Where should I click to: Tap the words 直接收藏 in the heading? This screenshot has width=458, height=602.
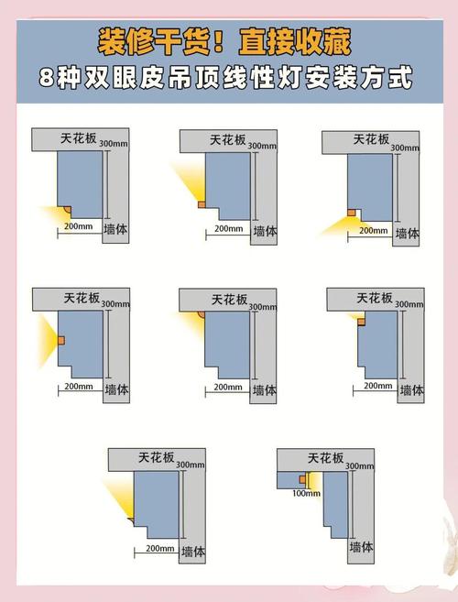click(294, 42)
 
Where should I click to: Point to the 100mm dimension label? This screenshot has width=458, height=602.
click(306, 493)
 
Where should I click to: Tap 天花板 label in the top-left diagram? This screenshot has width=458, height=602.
click(81, 137)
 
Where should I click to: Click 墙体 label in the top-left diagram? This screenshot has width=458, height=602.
click(116, 229)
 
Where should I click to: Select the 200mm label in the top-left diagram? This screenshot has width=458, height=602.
click(78, 225)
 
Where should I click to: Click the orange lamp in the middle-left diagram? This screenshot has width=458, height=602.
click(60, 340)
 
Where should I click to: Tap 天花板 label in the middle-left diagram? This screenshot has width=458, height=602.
click(81, 298)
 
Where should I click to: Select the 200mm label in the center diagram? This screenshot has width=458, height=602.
click(227, 386)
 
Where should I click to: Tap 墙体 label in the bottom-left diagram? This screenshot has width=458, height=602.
click(192, 552)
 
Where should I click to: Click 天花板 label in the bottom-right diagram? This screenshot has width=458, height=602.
click(326, 458)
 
